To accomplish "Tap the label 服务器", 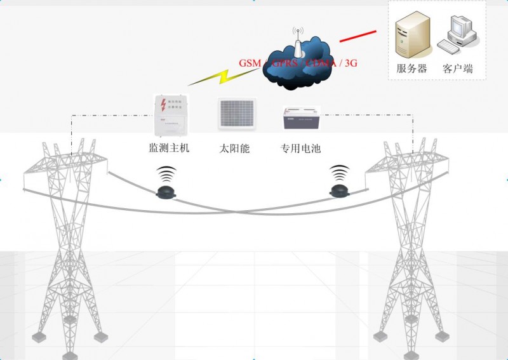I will (411, 69).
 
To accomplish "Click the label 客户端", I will (457, 69).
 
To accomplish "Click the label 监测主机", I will (168, 149).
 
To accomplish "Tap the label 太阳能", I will (234, 149).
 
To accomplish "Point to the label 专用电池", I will (300, 149).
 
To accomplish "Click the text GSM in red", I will (250, 64).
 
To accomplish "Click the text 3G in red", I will (350, 64).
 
